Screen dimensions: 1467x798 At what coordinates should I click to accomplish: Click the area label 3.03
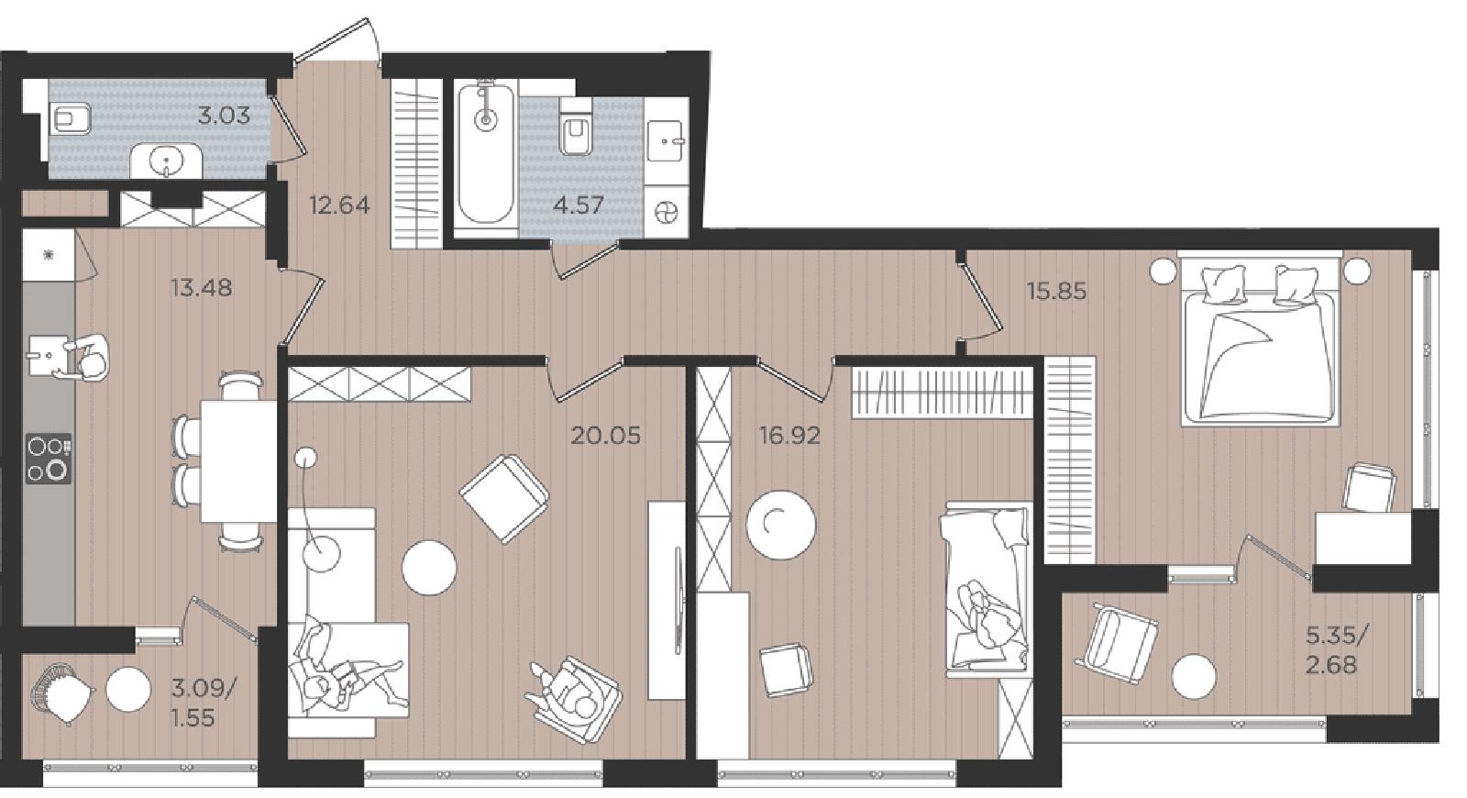pos(224,116)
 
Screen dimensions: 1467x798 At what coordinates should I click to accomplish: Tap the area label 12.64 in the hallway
pos(339,205)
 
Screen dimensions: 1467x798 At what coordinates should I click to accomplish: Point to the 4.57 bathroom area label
pos(578,205)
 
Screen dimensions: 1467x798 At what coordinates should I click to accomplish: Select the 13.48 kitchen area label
pos(201,287)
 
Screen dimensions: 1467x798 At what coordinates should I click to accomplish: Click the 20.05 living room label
pos(606,435)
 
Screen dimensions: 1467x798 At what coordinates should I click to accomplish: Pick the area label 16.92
pos(789,435)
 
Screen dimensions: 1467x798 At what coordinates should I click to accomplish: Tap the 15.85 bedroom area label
pos(1056,290)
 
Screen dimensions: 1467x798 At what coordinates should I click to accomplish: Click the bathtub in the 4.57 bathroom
pos(485,153)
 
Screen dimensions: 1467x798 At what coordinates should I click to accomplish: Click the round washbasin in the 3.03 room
pos(166,160)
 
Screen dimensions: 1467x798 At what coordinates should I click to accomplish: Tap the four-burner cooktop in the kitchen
pos(49,459)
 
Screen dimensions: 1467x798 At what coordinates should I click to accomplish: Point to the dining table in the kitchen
pos(238,461)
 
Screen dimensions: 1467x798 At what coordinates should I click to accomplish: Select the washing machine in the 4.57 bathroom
pos(667,212)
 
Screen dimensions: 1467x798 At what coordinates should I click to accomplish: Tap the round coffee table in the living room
pos(429,568)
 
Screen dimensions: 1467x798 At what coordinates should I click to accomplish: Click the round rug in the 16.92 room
pos(781,525)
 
